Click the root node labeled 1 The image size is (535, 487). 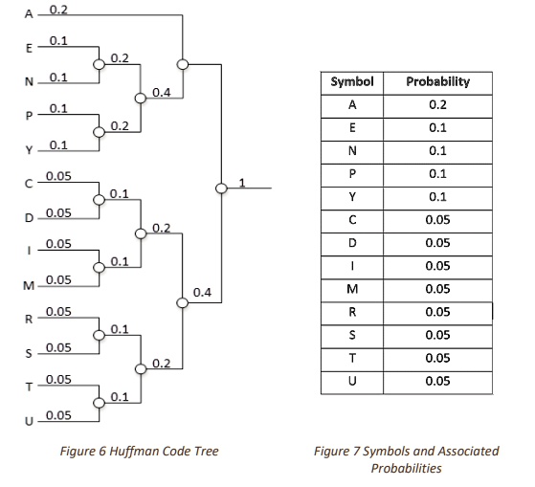click(x=221, y=188)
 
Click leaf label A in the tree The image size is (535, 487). click(x=29, y=14)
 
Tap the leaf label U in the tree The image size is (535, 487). click(x=29, y=422)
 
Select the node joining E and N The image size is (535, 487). click(x=99, y=64)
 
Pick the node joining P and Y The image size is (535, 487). click(x=99, y=132)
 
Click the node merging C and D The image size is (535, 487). click(x=99, y=200)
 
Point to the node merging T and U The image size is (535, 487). click(x=99, y=403)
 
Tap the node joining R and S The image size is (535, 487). click(x=99, y=335)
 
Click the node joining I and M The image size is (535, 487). click(x=99, y=267)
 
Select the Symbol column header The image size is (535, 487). click(x=352, y=83)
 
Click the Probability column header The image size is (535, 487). click(x=437, y=83)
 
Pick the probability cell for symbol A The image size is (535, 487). click(x=437, y=106)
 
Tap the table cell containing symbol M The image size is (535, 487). click(x=352, y=290)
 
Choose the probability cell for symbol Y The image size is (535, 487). click(x=437, y=198)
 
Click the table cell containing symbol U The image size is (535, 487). click(x=352, y=383)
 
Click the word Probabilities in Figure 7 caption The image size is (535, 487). click(x=407, y=468)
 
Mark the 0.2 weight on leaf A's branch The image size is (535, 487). click(x=58, y=10)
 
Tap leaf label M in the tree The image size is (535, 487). click(x=29, y=286)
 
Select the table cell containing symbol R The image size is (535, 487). click(x=352, y=314)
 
